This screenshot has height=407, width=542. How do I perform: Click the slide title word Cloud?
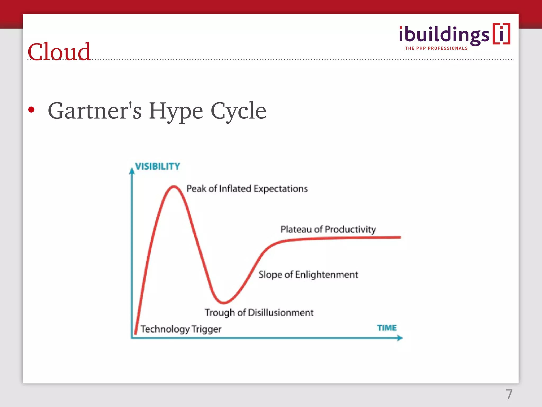59,52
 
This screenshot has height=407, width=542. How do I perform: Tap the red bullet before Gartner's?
31,110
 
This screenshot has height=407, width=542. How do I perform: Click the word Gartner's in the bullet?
94,111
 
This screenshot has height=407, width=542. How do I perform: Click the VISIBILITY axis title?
157,166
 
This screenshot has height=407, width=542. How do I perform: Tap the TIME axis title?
387,328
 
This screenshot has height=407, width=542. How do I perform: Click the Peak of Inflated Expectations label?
247,189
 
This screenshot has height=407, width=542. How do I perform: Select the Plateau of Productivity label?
328,229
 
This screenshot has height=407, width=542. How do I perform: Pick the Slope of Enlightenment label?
308,275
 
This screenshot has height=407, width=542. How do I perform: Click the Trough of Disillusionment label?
259,313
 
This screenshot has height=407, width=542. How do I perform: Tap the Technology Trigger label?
181,329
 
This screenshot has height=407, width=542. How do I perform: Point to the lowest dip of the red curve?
224,302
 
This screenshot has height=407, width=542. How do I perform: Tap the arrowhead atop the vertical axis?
132,171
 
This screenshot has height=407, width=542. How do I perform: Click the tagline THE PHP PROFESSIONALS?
436,48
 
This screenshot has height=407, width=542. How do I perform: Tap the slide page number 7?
509,394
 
